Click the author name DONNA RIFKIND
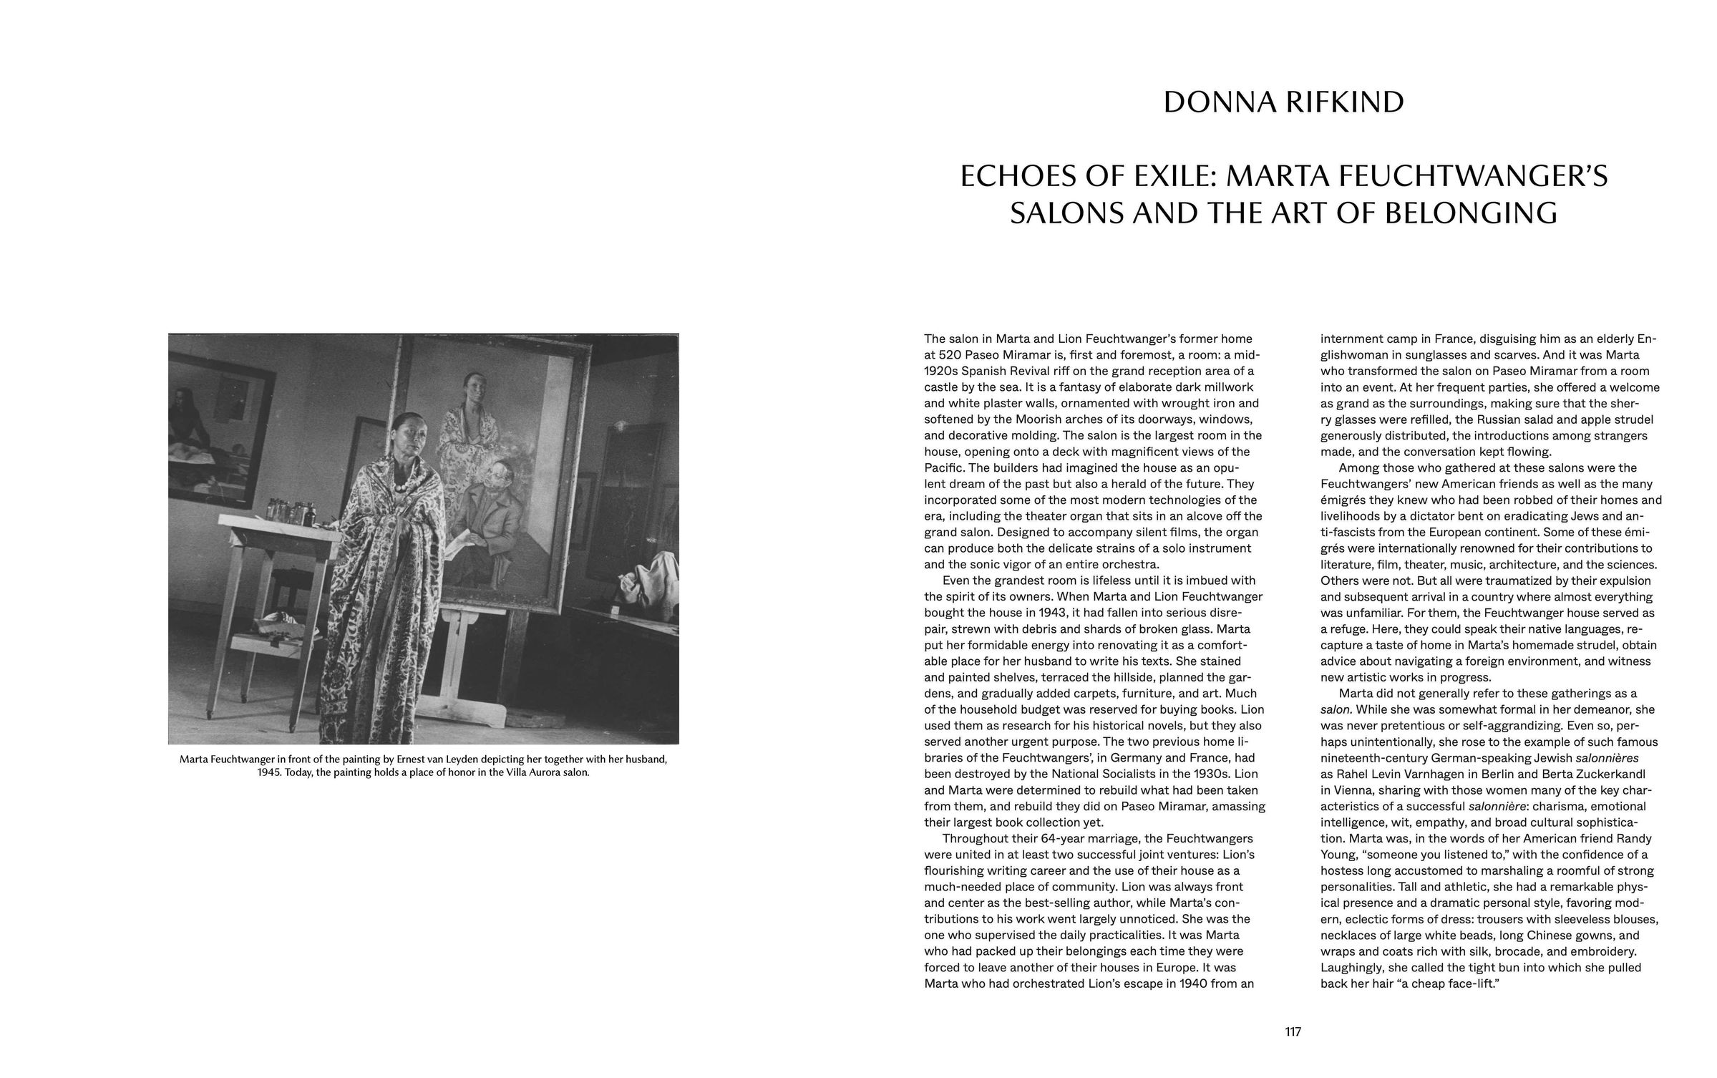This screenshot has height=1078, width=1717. pyautogui.click(x=1283, y=102)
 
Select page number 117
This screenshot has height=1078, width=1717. pyautogui.click(x=1293, y=1031)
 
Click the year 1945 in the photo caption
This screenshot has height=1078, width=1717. pyautogui.click(x=269, y=773)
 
